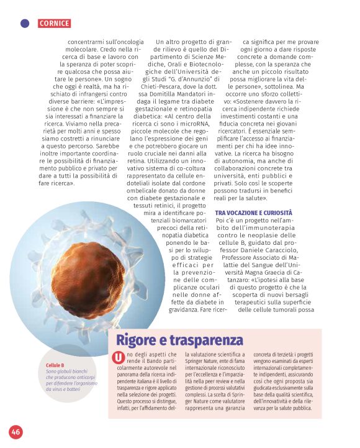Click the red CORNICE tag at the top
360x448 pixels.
(x=54, y=24)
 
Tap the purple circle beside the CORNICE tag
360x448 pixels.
(x=25, y=24)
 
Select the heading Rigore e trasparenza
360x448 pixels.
(x=180, y=340)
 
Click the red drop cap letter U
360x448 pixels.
(x=118, y=357)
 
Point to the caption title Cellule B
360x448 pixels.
(x=55, y=365)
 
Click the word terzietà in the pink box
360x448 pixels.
(x=285, y=354)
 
